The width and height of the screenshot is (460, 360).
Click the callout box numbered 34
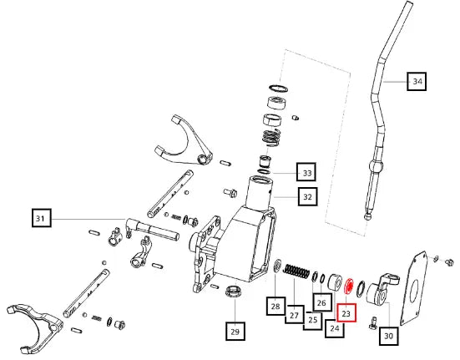pos(417,81)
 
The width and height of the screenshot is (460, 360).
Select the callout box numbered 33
pos(306,173)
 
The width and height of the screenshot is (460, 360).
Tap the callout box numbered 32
pos(307,196)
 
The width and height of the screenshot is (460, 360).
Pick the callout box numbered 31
pos(42,218)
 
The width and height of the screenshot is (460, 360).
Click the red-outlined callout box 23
pos(346,312)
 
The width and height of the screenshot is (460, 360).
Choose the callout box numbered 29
pos(235,332)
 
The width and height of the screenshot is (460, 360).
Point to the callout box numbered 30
pos(389,335)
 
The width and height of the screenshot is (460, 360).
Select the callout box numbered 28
pos(275,306)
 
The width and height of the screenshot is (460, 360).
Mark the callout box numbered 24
pos(335,328)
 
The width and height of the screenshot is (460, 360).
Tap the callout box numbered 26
pos(322,302)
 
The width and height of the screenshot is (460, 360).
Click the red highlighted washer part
pos(349,286)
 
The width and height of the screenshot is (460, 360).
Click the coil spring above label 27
pos(296,271)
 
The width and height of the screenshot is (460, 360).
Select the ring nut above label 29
pos(234,291)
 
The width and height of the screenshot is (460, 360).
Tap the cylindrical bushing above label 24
pos(334,282)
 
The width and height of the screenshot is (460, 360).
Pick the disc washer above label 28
pos(277,266)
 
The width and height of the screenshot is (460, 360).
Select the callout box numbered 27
pos(294,315)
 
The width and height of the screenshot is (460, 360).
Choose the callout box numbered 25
pos(312,320)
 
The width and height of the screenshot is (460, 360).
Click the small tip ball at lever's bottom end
pos(367,217)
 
